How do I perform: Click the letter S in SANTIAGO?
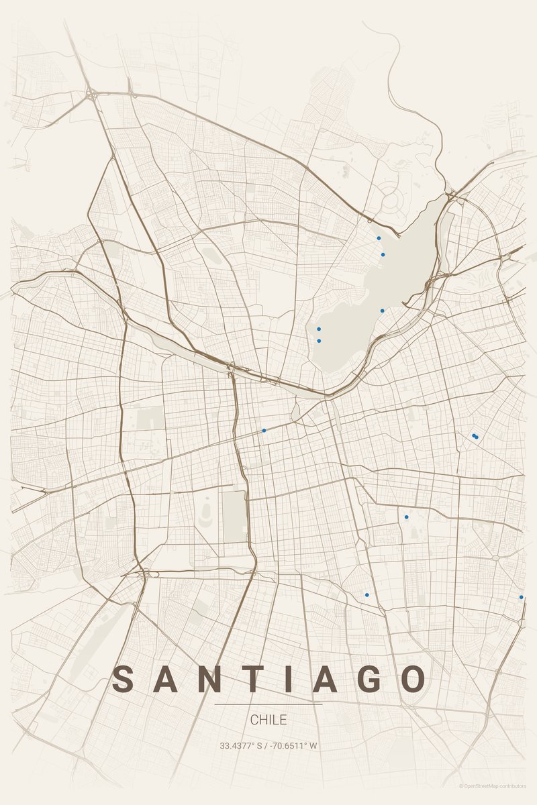point(124,679)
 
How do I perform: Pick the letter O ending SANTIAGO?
point(411,679)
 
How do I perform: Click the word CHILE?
point(268,720)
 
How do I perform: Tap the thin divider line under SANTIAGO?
point(268,704)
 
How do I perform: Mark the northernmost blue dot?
point(379,238)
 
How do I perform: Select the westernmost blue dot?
point(264,430)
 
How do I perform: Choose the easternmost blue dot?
point(521,597)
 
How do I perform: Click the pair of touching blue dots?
point(475,437)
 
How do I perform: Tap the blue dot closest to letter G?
point(367,595)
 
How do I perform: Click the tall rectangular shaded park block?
point(234,516)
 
